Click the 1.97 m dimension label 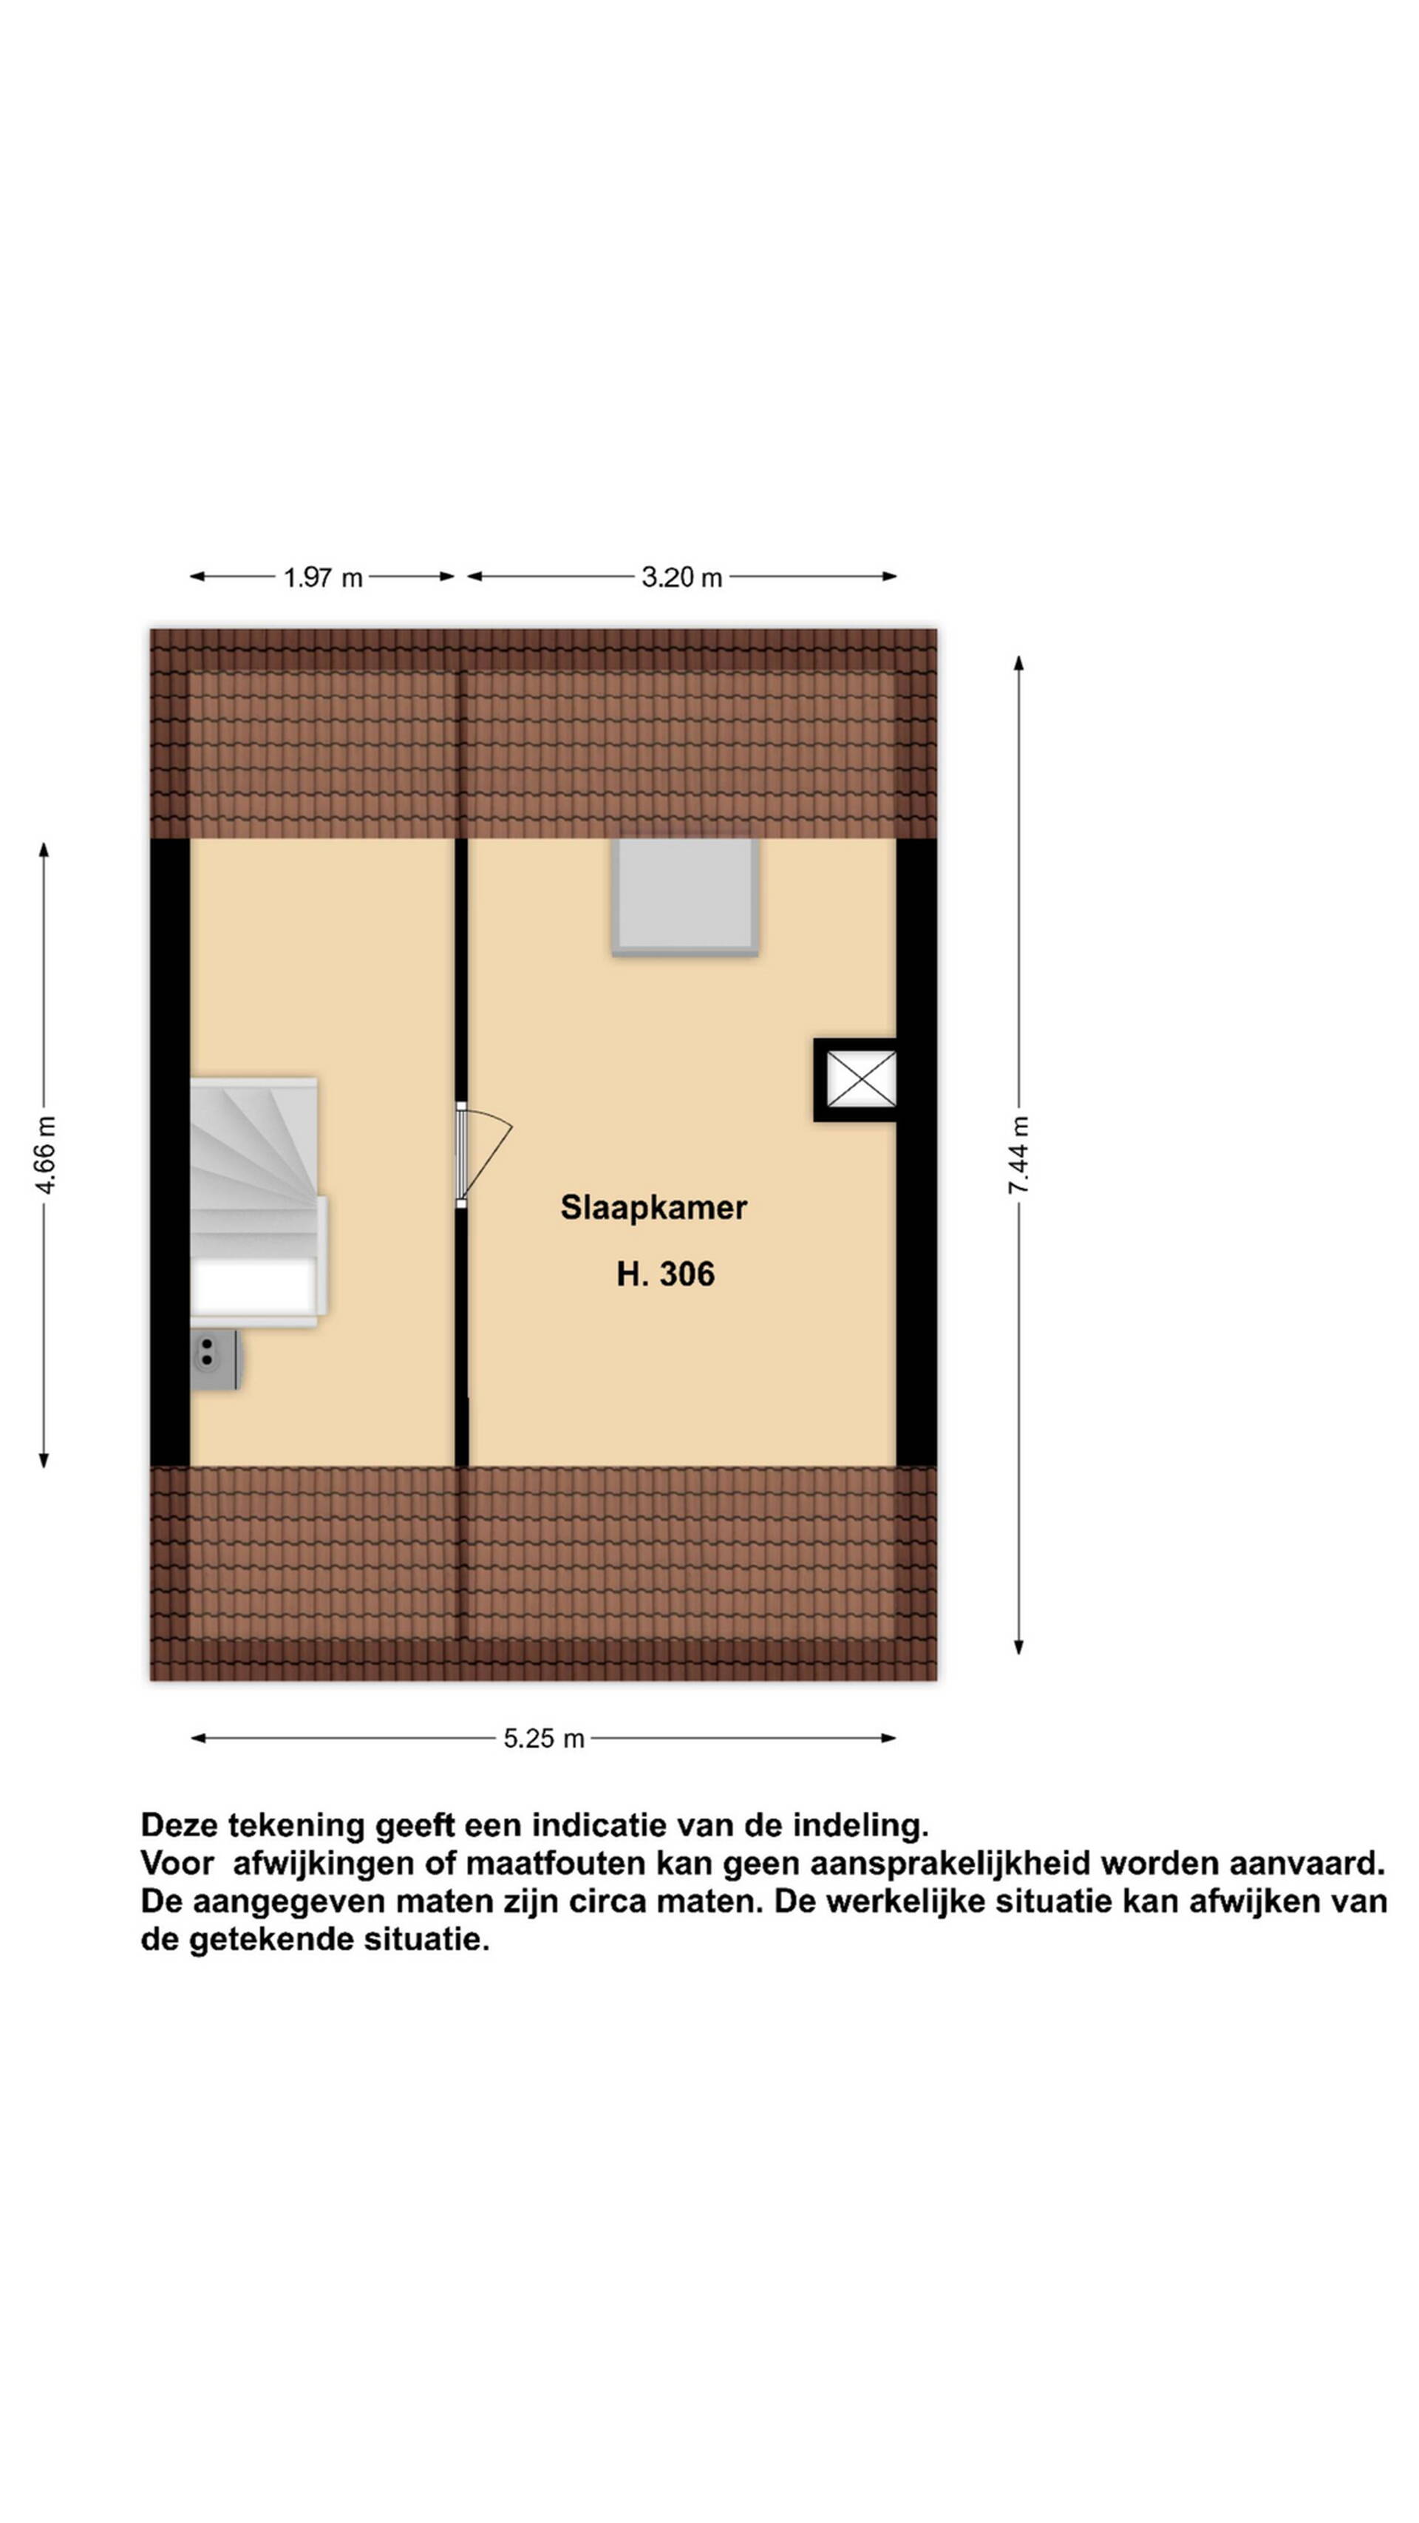point(322,578)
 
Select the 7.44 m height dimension point(1018,1155)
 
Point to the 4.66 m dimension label point(45,1155)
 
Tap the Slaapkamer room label point(653,1208)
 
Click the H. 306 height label point(666,1274)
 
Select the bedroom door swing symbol point(484,1155)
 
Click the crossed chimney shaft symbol point(861,1079)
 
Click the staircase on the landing point(257,1202)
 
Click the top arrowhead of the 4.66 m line point(44,850)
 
